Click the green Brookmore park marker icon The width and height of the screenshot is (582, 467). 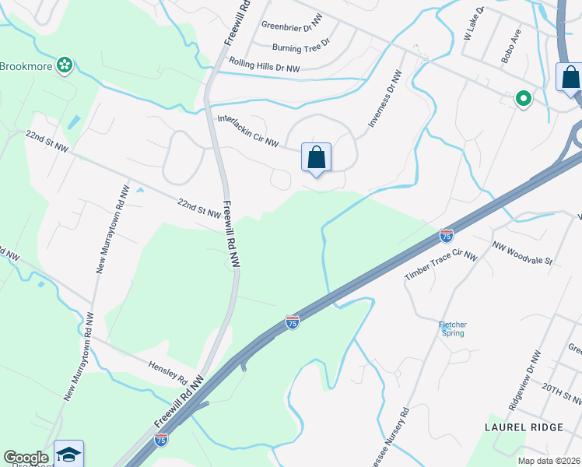pyautogui.click(x=65, y=66)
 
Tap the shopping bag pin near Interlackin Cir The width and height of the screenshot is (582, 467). pyautogui.click(x=317, y=158)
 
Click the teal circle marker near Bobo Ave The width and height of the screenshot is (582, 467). pyautogui.click(x=524, y=99)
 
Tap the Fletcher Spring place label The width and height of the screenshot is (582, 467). pyautogui.click(x=452, y=328)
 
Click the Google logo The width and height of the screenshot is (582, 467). pyautogui.click(x=26, y=458)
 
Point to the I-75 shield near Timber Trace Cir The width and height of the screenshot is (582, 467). pyautogui.click(x=446, y=234)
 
